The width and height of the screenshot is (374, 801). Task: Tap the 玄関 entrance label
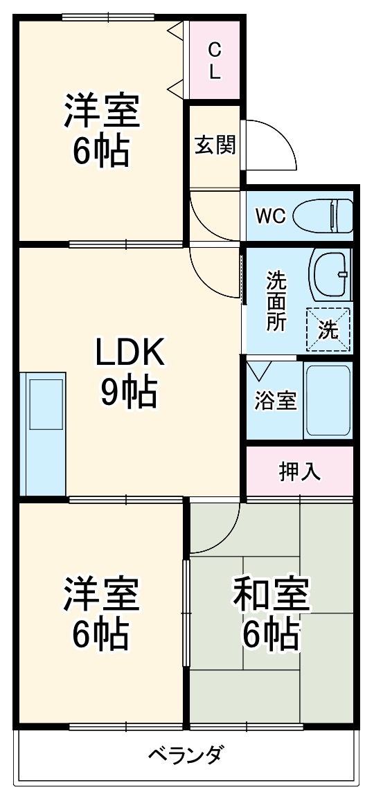click(215, 145)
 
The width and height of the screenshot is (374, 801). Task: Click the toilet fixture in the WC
click(324, 216)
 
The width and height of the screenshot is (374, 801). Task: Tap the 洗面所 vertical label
click(276, 302)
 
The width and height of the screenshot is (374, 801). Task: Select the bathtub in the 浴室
click(328, 401)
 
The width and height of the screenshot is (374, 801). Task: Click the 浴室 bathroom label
click(275, 401)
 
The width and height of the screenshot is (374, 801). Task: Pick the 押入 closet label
click(299, 471)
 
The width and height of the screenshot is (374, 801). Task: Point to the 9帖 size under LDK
click(130, 393)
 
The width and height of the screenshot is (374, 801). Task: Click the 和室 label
click(271, 595)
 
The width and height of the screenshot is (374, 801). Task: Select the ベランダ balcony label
click(186, 754)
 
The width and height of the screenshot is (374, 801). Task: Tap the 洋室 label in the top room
click(102, 111)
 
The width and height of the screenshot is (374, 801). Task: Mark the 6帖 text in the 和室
click(271, 633)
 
